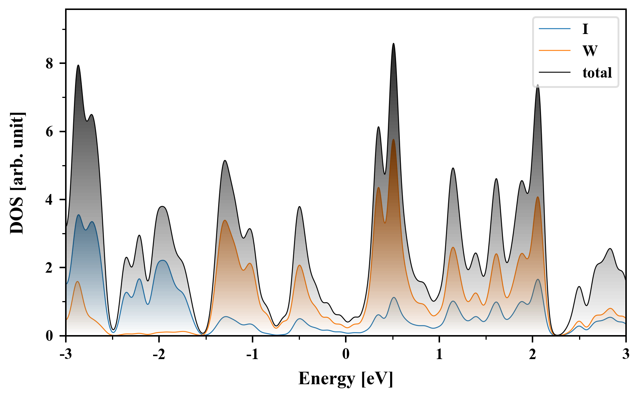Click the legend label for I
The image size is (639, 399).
tap(585, 29)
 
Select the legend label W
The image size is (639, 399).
tap(589, 51)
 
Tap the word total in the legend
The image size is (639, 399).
tap(597, 72)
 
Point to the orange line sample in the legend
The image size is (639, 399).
tap(554, 51)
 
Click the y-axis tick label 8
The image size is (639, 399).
tap(50, 64)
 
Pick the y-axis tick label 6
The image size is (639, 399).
tap(50, 132)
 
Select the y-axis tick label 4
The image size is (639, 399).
tap(50, 200)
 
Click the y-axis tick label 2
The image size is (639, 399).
tap(50, 268)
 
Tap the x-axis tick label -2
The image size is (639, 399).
tap(159, 354)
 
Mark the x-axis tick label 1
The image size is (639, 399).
tap(439, 354)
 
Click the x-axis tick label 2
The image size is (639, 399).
tap(532, 354)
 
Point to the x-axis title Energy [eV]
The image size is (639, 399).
tap(346, 379)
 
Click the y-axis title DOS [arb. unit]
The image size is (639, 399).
tap(17, 173)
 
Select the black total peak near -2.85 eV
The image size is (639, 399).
tap(78, 65)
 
